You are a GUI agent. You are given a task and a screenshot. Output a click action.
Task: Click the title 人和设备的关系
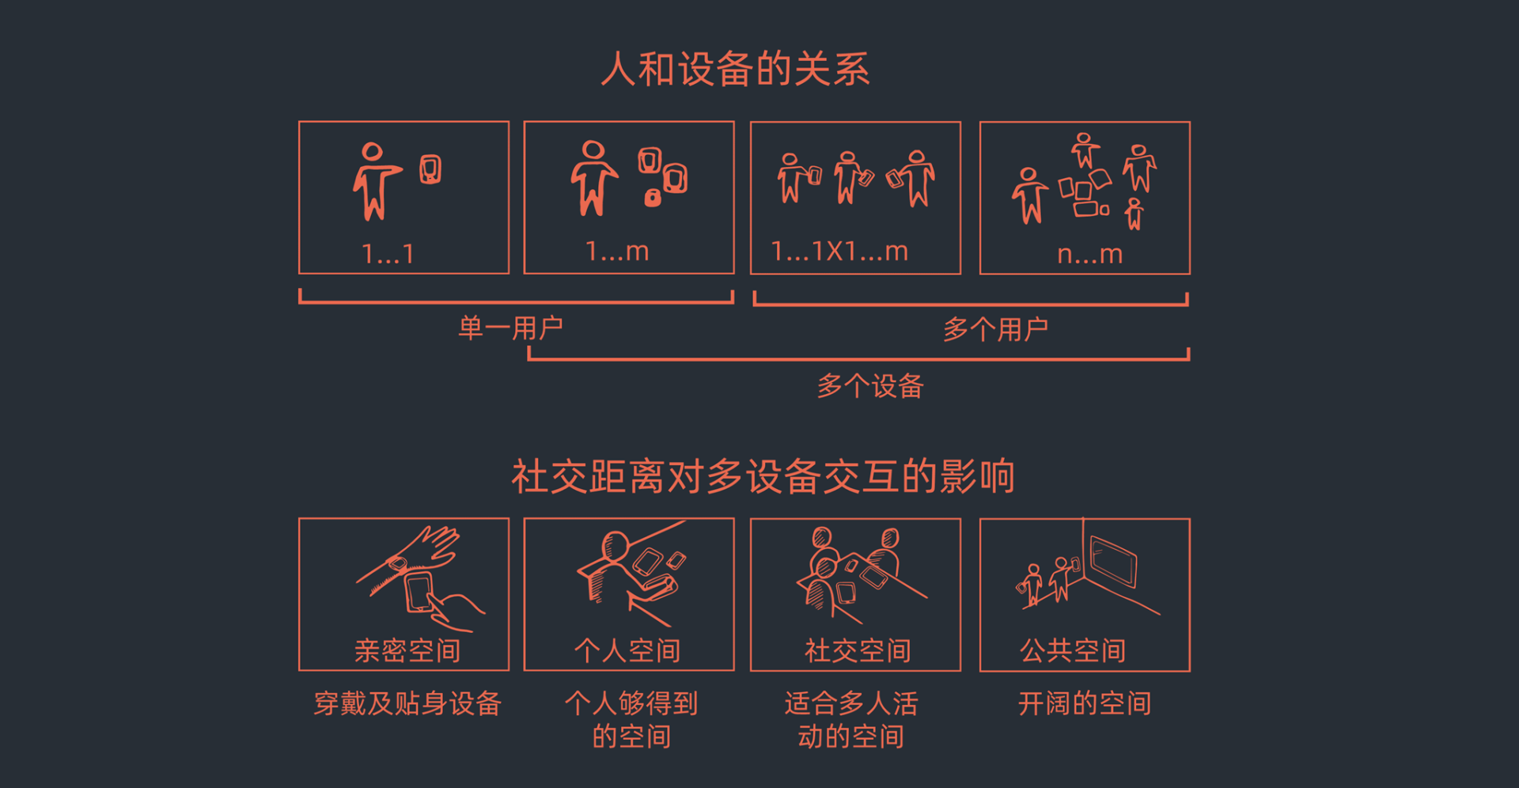tap(736, 69)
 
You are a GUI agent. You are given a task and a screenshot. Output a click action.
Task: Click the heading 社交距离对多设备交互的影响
tap(763, 476)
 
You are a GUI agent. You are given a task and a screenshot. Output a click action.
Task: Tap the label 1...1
tap(388, 254)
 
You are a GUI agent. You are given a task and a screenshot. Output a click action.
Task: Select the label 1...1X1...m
tap(839, 252)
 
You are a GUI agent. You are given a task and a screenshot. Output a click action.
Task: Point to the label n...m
tap(1090, 254)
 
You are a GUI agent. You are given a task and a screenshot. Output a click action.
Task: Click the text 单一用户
tap(510, 328)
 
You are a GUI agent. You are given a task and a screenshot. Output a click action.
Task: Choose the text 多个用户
tap(995, 329)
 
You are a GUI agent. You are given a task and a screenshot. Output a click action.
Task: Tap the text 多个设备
tap(870, 386)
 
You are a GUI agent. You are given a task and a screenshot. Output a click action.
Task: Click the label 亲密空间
tap(407, 650)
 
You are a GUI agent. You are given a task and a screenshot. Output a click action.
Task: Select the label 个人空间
tap(627, 650)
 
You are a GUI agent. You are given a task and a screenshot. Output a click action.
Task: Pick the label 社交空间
tap(858, 650)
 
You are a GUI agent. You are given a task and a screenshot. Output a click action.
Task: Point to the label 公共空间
tap(1073, 650)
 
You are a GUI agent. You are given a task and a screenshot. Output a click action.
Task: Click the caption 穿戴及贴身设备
tap(407, 703)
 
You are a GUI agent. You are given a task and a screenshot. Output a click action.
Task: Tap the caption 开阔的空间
tap(1085, 703)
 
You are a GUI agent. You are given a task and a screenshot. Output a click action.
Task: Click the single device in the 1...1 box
tap(430, 169)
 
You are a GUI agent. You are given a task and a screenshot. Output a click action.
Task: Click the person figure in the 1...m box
tap(593, 179)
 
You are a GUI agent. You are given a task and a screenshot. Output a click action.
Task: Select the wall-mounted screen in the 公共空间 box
tap(1113, 561)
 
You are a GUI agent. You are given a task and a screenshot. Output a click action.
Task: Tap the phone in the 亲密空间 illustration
tap(419, 592)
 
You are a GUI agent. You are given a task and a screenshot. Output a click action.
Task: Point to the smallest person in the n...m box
tap(1135, 214)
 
